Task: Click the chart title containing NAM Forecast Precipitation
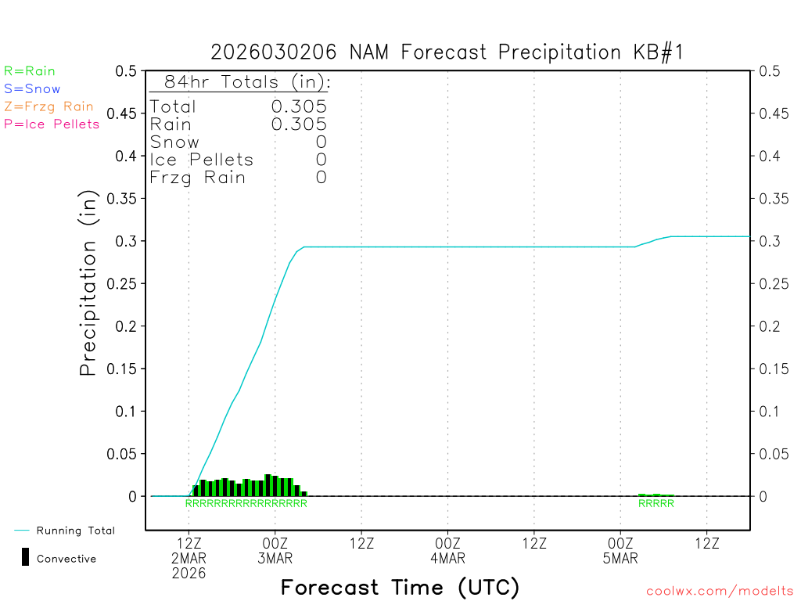tap(447, 52)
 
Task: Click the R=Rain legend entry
tap(30, 71)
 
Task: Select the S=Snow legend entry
tap(32, 89)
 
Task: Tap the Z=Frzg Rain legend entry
tap(48, 106)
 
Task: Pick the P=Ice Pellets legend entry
tap(52, 124)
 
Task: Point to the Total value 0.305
tap(299, 106)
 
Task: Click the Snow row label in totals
tap(174, 142)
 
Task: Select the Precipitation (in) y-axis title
tap(89, 283)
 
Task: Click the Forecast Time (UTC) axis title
tap(400, 587)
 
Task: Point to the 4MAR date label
tap(448, 559)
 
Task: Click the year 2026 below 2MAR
tap(189, 574)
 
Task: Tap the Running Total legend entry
tap(75, 531)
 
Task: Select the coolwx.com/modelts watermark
tap(720, 592)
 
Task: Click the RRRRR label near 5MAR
tap(656, 504)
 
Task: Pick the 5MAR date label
tap(620, 559)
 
